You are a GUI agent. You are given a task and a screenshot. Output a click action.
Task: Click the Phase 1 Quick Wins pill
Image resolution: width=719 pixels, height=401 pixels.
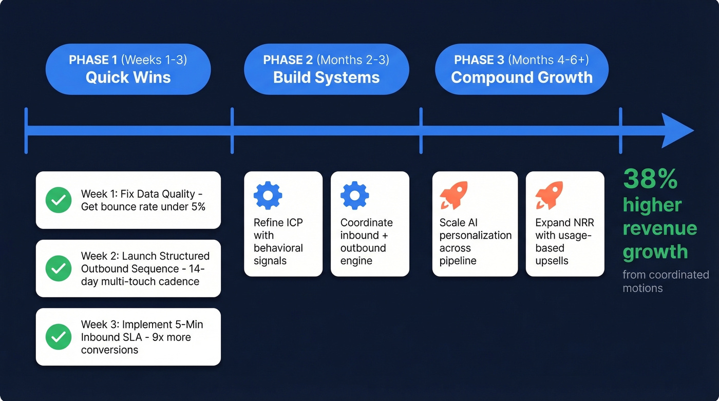pyautogui.click(x=128, y=69)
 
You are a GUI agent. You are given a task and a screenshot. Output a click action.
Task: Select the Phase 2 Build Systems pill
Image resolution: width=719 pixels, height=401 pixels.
pyautogui.click(x=326, y=69)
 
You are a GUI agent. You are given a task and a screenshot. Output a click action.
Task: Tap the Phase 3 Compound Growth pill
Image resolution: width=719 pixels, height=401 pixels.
pyautogui.click(x=521, y=69)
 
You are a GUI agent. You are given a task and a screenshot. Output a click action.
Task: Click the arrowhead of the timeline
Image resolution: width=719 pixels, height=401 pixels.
pyautogui.click(x=677, y=130)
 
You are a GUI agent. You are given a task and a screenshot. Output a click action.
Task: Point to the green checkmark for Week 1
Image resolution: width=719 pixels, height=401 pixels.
pyautogui.click(x=59, y=200)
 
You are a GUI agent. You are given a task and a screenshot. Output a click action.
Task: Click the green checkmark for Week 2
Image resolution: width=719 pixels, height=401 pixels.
pyautogui.click(x=59, y=268)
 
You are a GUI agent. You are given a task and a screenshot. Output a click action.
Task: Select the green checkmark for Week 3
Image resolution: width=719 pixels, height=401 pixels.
pyautogui.click(x=59, y=337)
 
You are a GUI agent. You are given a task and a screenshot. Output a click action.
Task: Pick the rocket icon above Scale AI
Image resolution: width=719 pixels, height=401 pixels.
pyautogui.click(x=454, y=195)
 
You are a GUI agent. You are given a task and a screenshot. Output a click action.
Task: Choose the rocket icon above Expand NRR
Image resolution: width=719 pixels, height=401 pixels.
pyautogui.click(x=549, y=195)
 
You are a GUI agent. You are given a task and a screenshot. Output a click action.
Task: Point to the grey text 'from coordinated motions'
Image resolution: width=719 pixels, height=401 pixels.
pyautogui.click(x=665, y=281)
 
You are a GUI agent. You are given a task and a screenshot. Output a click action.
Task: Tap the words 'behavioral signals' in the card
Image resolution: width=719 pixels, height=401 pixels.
pyautogui.click(x=278, y=254)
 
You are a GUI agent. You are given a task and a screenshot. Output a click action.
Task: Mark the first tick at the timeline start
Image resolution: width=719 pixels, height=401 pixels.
pyautogui.click(x=26, y=130)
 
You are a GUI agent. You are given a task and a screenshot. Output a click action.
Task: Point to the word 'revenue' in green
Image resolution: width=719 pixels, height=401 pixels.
pyautogui.click(x=659, y=228)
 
